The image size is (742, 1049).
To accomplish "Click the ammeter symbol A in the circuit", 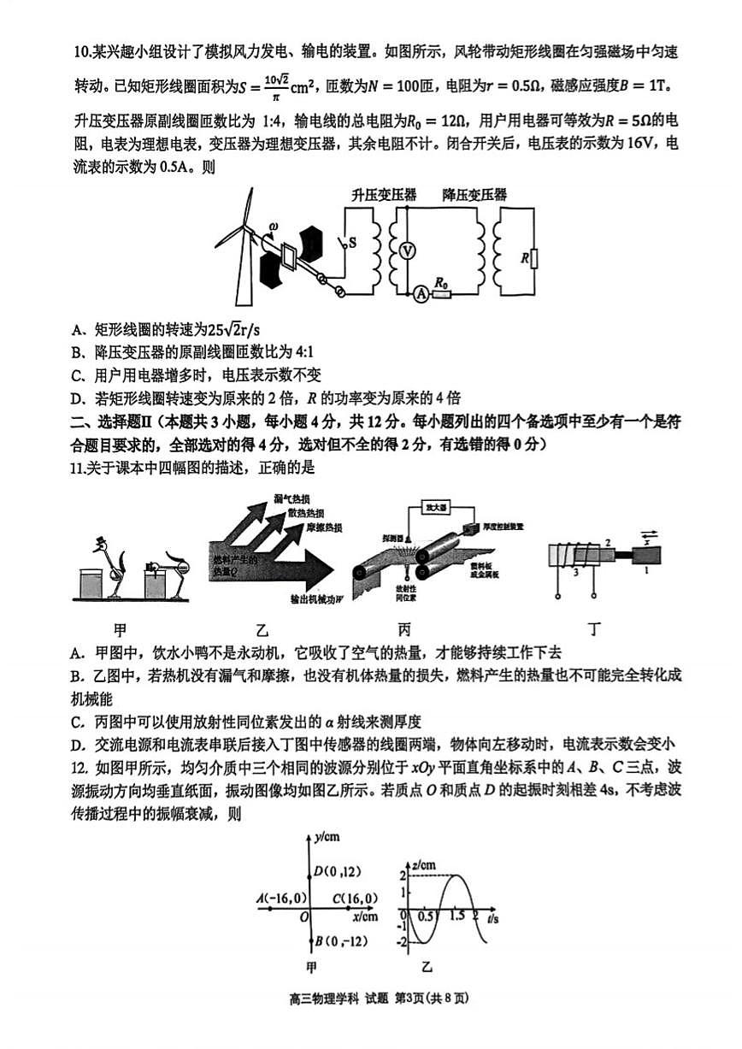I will point(420,294).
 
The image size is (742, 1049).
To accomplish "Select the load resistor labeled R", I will point(533,257).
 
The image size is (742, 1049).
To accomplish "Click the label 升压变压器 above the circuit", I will point(384,195).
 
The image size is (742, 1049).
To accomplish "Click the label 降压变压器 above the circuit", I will point(474,195).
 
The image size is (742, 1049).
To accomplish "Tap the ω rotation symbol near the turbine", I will point(273,227).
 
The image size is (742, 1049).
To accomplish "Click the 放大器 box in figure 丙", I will point(437,508).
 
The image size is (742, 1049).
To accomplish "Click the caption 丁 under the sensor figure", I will point(594,630).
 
